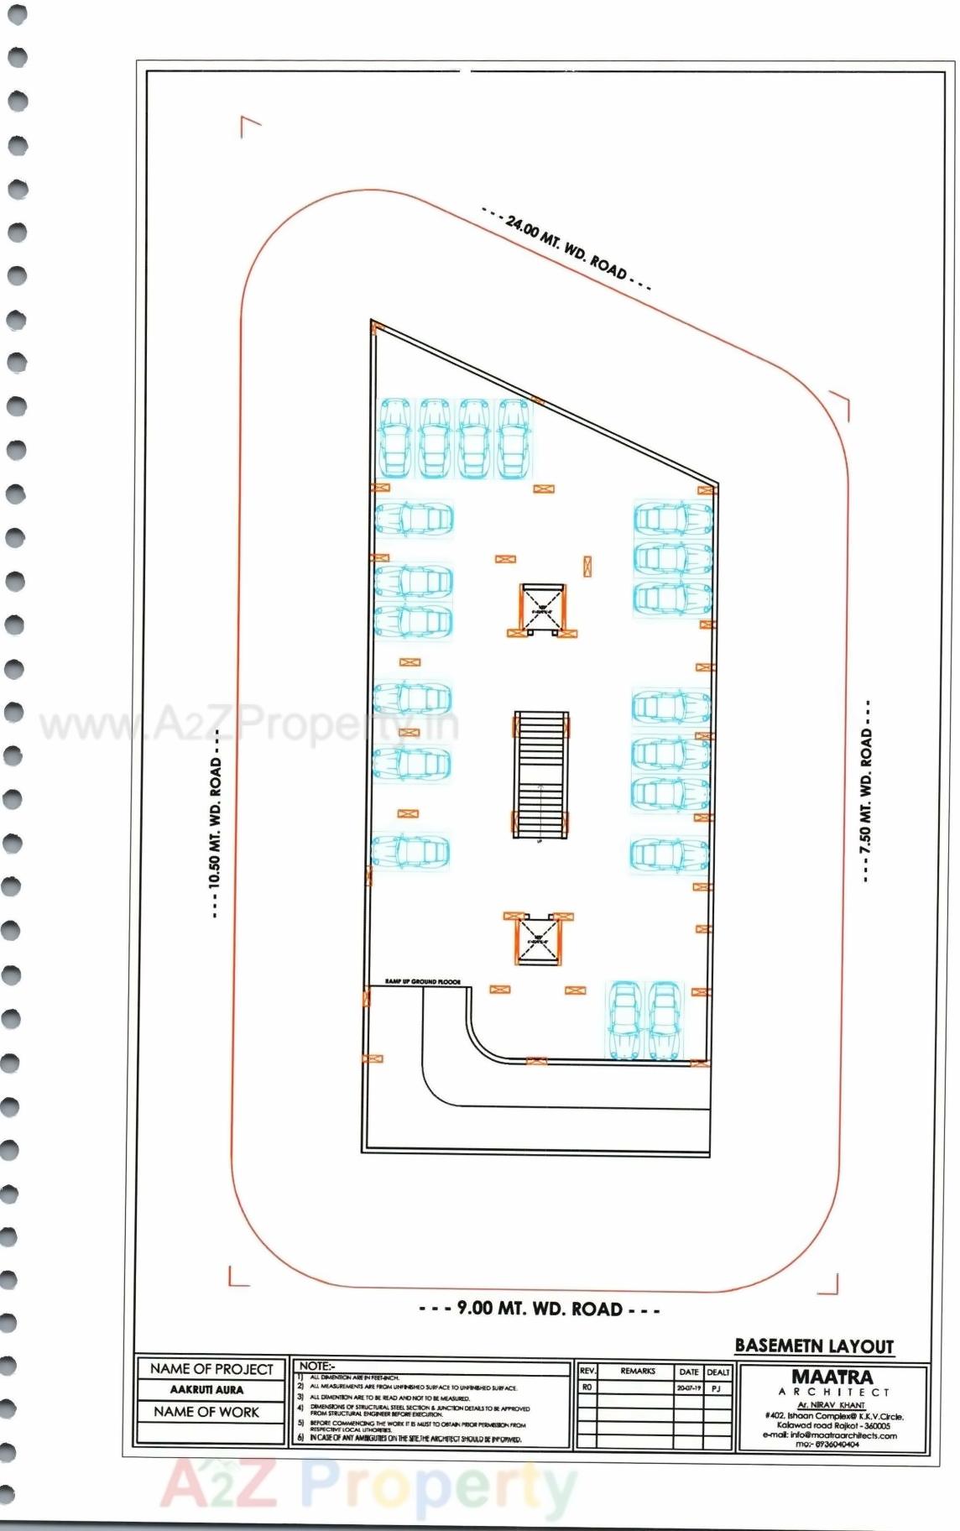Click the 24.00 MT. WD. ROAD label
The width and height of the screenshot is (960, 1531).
[x=567, y=249]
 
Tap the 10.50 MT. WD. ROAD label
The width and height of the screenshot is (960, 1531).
[x=216, y=823]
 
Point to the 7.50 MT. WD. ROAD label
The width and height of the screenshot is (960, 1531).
[x=866, y=791]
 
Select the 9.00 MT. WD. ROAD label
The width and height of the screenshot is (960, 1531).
[x=539, y=1309]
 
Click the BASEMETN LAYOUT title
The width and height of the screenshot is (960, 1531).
[x=813, y=1346]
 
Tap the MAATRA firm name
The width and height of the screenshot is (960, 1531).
[x=832, y=1377]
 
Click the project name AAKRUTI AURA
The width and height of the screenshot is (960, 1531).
[x=206, y=1390]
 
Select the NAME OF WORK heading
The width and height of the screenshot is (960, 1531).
[x=206, y=1412]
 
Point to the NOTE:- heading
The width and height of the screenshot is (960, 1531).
[x=316, y=1366]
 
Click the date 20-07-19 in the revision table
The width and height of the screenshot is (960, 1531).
[x=688, y=1388]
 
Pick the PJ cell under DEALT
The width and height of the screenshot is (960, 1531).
[x=717, y=1388]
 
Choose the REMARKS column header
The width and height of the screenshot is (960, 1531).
[x=638, y=1372]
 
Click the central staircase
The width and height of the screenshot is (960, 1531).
[x=540, y=776]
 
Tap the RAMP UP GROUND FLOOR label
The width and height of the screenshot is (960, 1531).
[x=422, y=982]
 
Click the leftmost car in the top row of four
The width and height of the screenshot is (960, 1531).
[x=394, y=438]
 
